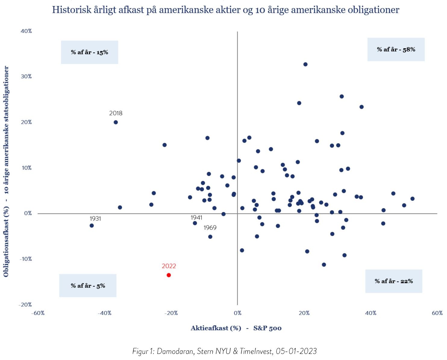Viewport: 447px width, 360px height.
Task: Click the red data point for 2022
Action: [169, 275]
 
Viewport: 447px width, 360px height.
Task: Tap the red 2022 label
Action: [169, 266]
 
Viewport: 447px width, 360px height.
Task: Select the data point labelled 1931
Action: [92, 226]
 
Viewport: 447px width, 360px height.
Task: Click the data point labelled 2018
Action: [116, 122]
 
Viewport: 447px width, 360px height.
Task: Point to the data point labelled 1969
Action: [210, 237]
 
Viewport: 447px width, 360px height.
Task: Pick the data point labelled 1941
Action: [195, 223]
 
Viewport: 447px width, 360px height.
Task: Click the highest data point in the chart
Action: [305, 64]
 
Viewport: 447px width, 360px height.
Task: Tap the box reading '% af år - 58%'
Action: [396, 49]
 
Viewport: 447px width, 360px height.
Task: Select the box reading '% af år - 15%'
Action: [89, 52]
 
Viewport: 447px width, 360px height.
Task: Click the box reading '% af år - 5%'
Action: [88, 286]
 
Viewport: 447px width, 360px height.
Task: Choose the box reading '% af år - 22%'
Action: [394, 281]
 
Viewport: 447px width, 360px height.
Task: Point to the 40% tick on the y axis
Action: [26, 31]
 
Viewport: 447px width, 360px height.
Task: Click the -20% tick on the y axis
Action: [25, 305]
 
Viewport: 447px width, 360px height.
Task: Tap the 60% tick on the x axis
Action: [437, 313]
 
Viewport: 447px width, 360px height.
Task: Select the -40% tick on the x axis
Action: [104, 313]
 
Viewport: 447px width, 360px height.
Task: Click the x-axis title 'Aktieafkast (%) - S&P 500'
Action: [236, 328]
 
